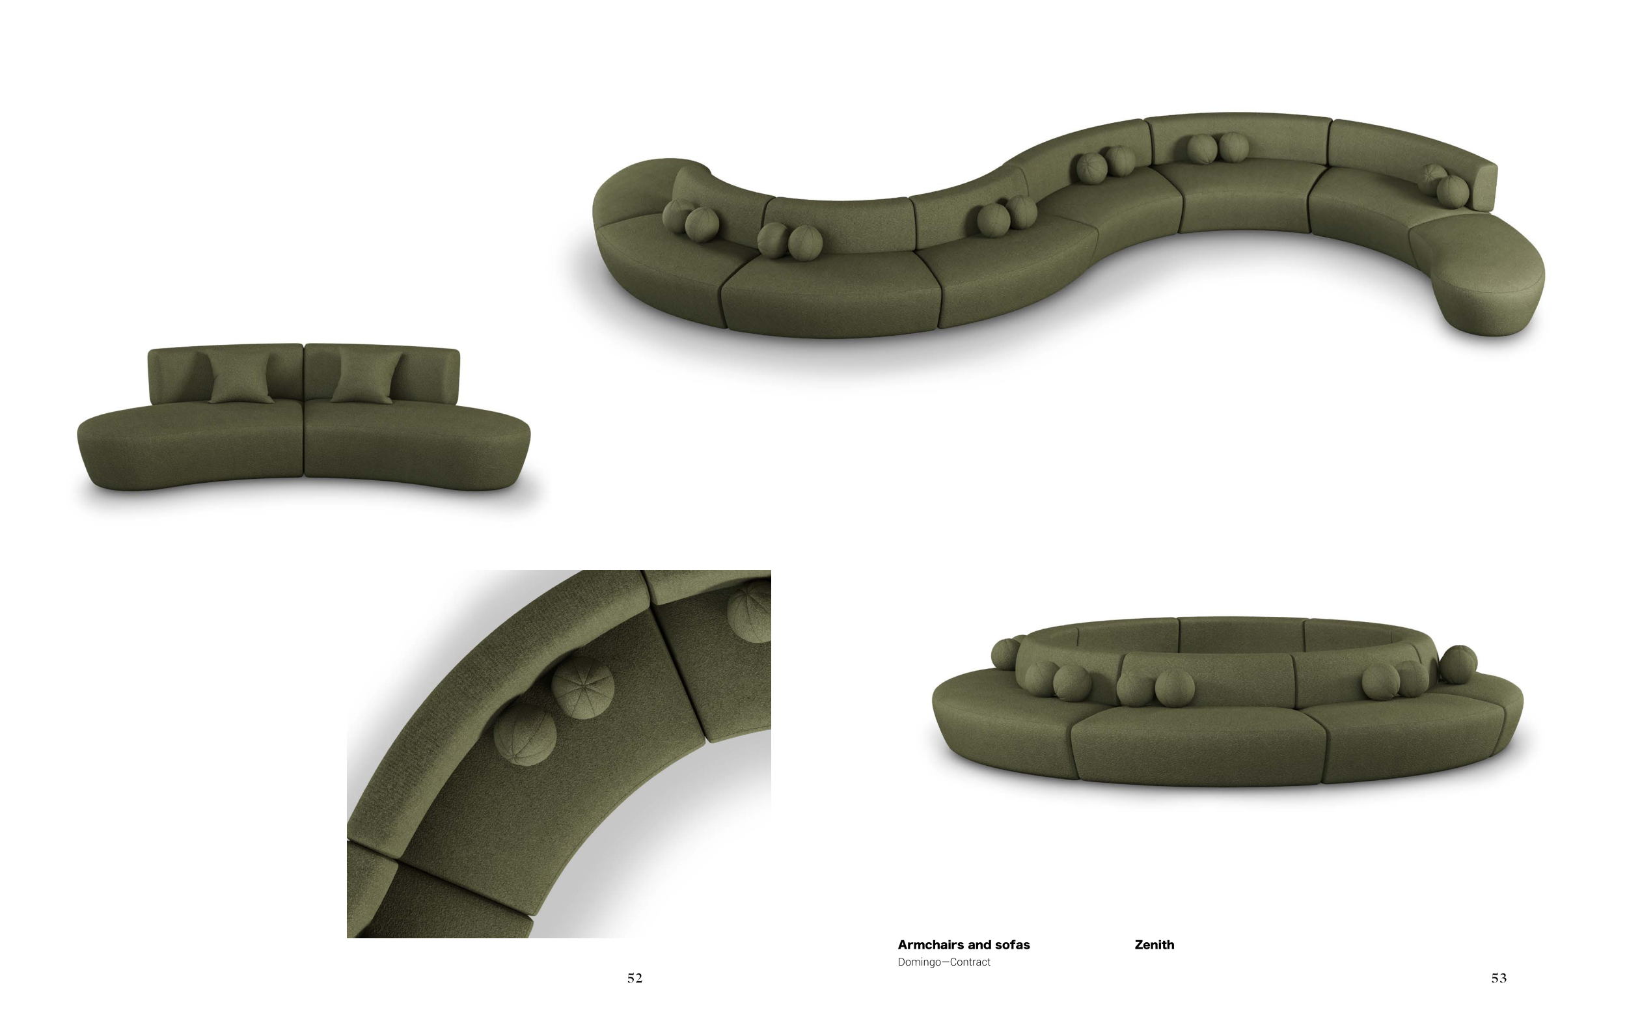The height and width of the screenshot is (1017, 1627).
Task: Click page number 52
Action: [635, 978]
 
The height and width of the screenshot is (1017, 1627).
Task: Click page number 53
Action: [1499, 978]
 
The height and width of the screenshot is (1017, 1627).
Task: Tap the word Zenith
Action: [1154, 944]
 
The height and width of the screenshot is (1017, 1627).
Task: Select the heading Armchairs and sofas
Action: [963, 944]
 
